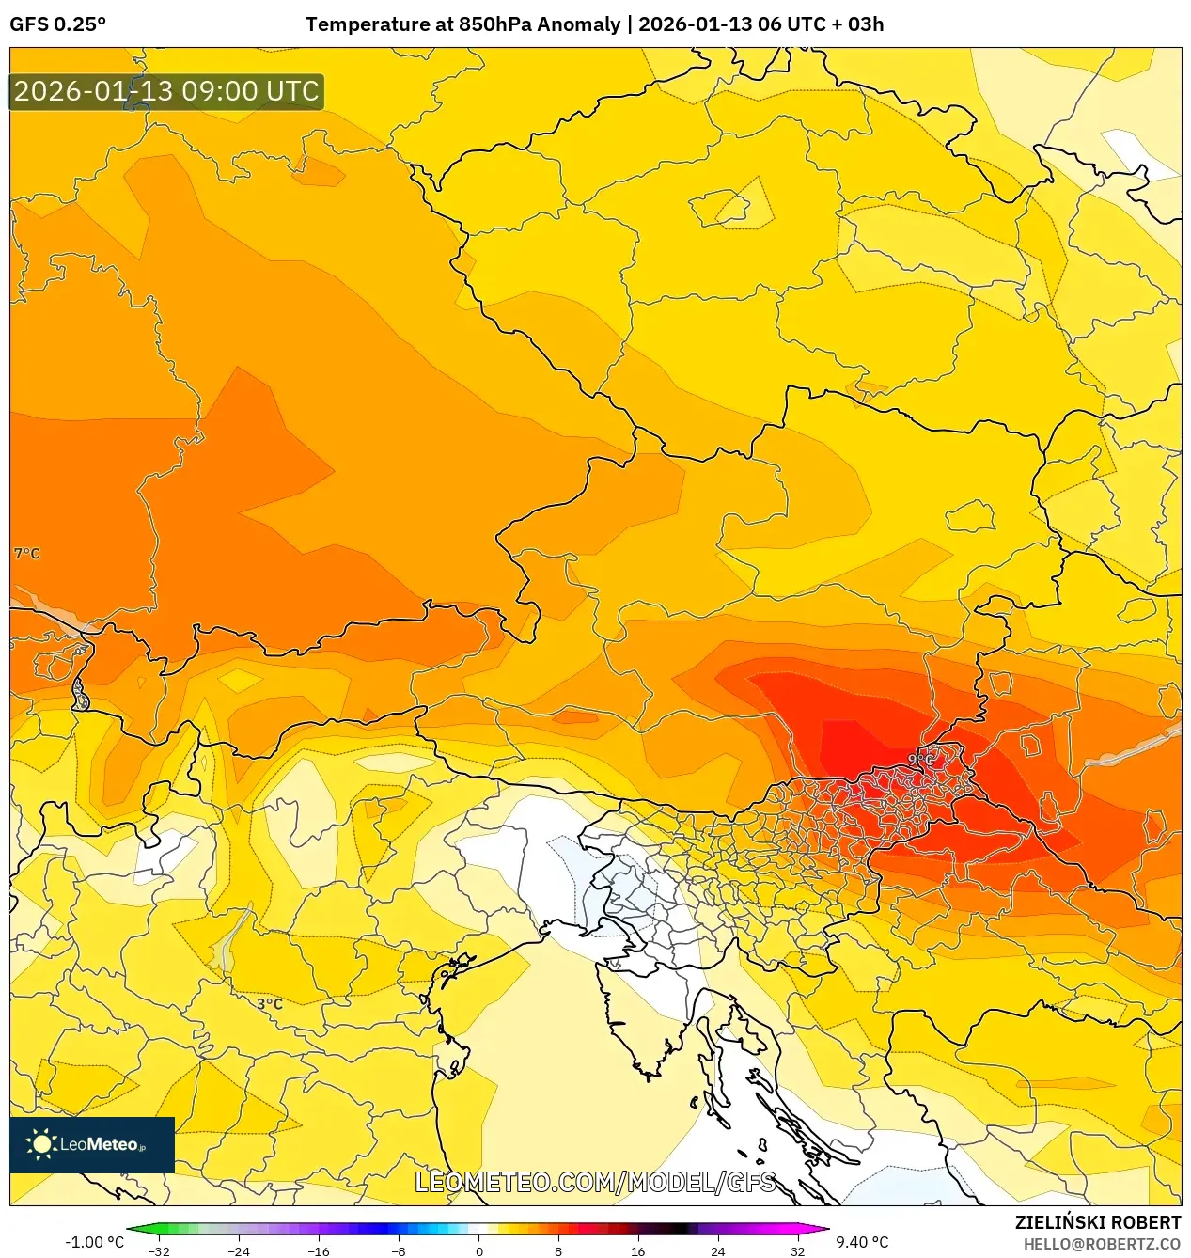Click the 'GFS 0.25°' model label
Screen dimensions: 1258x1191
pos(57,24)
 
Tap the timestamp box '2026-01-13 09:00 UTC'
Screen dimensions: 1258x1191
pos(166,91)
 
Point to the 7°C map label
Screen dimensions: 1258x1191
pos(27,553)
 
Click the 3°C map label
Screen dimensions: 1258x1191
pos(270,1003)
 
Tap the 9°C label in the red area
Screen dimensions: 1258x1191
pos(921,759)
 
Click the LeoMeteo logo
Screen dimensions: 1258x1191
pos(92,1144)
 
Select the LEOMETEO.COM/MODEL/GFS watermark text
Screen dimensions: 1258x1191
pos(595,1182)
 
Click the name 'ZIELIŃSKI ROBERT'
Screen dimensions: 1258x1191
pos(1097,1222)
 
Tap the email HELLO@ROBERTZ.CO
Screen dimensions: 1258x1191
pos(1102,1244)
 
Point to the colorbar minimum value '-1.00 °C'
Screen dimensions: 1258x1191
pos(94,1242)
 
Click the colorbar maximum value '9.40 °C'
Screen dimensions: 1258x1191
pos(862,1242)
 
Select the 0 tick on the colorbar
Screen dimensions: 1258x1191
pos(479,1251)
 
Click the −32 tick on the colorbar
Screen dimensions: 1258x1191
pos(159,1251)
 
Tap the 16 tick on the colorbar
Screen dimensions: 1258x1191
pos(638,1251)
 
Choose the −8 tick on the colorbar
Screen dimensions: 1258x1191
pos(399,1251)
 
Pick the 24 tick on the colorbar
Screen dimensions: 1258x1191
pos(718,1251)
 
